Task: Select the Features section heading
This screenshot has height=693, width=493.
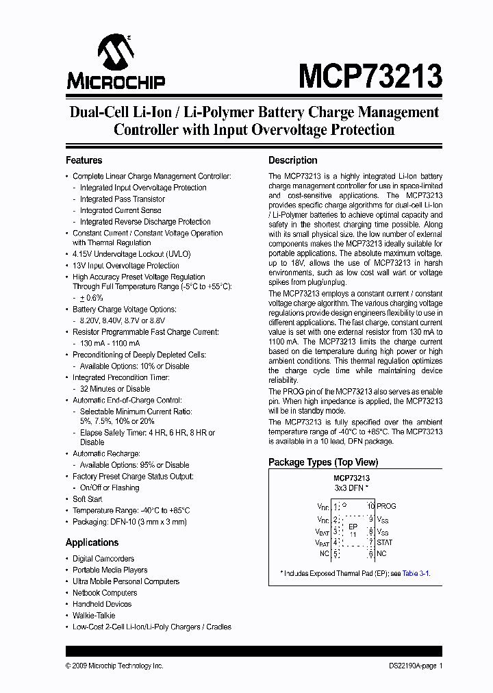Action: tap(84, 160)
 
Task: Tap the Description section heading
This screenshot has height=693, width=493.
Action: tap(292, 160)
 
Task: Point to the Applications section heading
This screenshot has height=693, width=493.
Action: tap(92, 542)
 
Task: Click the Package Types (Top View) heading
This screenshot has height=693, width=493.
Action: tap(319, 462)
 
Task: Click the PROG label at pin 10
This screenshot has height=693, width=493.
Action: tap(386, 506)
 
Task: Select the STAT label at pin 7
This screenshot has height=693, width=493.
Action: tap(385, 542)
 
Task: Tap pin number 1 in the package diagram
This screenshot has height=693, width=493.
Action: tap(336, 507)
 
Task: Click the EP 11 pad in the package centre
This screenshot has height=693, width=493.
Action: tap(353, 529)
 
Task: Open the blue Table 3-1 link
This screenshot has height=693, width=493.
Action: tap(416, 573)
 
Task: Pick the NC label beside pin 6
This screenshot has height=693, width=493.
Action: tap(381, 553)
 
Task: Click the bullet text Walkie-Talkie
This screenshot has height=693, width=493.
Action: tap(94, 616)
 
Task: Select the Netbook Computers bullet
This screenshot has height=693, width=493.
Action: tap(105, 593)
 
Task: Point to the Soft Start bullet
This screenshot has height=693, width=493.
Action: tap(88, 499)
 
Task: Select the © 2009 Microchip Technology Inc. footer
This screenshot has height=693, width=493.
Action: tap(114, 666)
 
